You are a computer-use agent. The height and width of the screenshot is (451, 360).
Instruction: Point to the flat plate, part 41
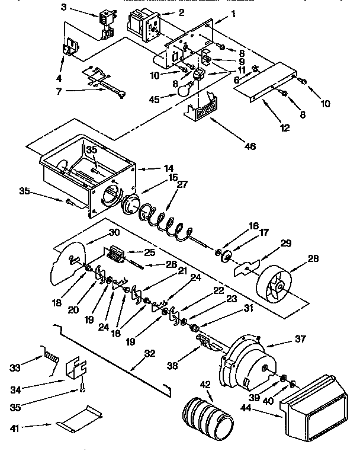(x=77, y=418)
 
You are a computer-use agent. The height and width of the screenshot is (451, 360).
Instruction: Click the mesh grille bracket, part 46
(x=202, y=110)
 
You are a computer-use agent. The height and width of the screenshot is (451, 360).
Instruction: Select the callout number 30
(x=97, y=233)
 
